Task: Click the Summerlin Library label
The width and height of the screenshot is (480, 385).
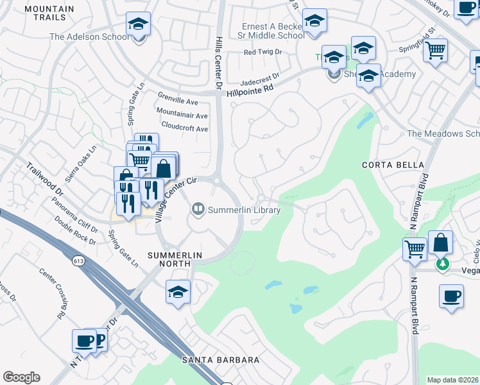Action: point(244,210)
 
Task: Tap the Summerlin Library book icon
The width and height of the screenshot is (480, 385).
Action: point(198,209)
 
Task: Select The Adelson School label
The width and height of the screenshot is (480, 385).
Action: point(89,37)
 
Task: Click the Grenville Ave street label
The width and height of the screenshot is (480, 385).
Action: point(178,101)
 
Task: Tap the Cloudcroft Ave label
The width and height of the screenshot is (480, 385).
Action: point(185,128)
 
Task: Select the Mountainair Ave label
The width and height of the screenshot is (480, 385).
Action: point(182,116)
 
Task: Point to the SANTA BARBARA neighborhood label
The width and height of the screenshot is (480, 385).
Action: point(220,360)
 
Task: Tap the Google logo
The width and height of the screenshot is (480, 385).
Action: point(21,377)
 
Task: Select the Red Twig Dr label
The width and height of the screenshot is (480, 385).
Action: point(262,52)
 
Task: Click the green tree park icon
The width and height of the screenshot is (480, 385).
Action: point(442,264)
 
